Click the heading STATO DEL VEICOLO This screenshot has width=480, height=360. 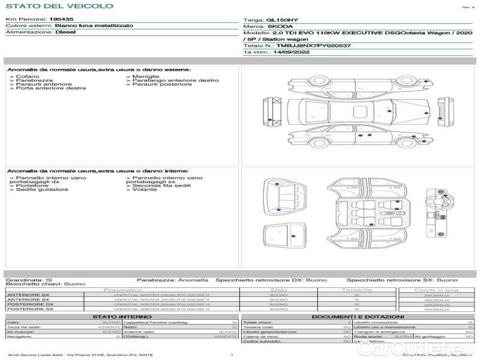[x=59, y=6]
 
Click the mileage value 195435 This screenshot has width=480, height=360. [x=61, y=19]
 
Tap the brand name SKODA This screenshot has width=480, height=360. [x=280, y=27]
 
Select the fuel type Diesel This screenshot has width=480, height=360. [x=65, y=32]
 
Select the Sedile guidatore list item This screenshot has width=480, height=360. [x=42, y=190]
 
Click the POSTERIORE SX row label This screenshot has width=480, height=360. [x=29, y=309]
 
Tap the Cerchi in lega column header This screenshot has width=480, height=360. [x=436, y=290]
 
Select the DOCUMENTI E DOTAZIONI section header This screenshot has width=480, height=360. [x=358, y=316]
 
